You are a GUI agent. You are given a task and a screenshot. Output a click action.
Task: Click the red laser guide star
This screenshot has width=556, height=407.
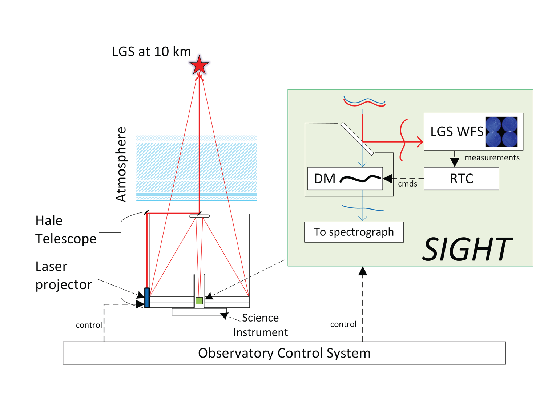point(199,66)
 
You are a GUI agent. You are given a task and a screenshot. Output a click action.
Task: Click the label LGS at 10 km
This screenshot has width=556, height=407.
point(151,52)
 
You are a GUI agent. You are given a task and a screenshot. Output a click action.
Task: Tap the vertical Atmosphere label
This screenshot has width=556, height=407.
point(121,164)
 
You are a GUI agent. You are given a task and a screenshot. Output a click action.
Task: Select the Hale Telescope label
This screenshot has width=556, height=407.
point(66,230)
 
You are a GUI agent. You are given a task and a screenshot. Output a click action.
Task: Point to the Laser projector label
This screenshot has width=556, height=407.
point(63,275)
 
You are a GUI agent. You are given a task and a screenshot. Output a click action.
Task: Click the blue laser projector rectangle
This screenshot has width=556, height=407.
point(147,298)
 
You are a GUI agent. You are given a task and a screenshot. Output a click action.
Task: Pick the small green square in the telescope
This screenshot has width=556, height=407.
point(199,300)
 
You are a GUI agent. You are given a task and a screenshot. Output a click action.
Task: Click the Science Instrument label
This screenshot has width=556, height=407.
point(260,325)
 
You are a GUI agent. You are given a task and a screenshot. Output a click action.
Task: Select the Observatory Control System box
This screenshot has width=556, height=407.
point(284,353)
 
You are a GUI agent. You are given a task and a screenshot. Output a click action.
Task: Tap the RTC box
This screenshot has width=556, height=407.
point(461,179)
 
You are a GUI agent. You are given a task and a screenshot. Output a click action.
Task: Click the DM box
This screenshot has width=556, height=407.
point(345,179)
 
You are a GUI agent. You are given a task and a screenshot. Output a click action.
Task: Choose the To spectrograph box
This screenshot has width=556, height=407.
point(354,232)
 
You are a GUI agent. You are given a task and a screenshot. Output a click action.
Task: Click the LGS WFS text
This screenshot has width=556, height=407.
point(456,132)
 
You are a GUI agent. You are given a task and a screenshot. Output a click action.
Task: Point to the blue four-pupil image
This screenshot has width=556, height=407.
point(501,132)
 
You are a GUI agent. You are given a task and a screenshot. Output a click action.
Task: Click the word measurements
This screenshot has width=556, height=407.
point(492,158)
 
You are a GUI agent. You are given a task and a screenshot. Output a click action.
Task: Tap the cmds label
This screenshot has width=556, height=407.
point(407,184)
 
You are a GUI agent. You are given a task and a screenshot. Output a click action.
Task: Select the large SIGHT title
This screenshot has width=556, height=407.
point(468,249)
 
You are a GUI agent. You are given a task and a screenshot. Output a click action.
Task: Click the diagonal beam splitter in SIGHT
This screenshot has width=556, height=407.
point(357,139)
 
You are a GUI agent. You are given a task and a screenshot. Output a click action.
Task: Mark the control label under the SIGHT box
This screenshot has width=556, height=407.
point(343,324)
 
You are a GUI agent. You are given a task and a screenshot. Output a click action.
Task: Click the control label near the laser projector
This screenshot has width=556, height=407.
point(89,325)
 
